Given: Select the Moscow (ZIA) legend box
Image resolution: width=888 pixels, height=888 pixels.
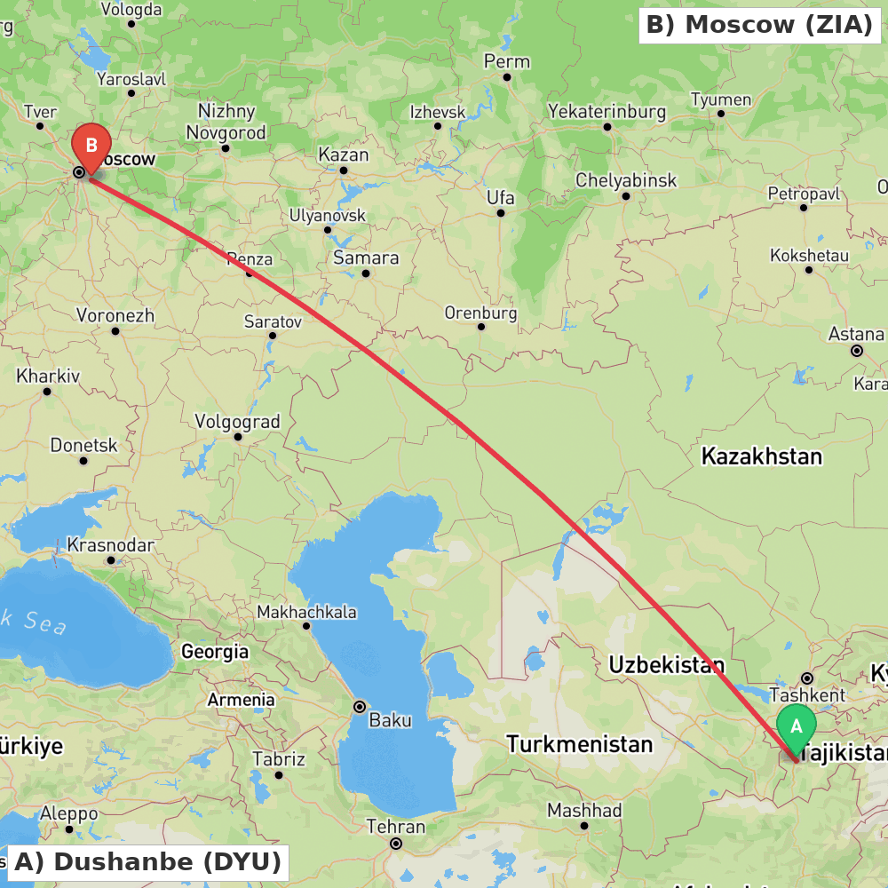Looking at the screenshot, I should pyautogui.click(x=759, y=25).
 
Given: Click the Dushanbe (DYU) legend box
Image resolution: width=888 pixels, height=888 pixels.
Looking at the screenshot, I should pyautogui.click(x=147, y=861).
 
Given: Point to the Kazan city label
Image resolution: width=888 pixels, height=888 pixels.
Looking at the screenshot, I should pyautogui.click(x=343, y=155).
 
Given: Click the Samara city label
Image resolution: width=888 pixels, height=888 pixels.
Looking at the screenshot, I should pyautogui.click(x=366, y=258).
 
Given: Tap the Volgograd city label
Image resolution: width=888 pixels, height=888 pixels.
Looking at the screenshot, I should pyautogui.click(x=237, y=422).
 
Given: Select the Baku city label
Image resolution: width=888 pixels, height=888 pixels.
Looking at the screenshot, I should pyautogui.click(x=390, y=719).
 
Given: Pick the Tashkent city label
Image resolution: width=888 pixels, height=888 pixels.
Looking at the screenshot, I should pyautogui.click(x=807, y=694).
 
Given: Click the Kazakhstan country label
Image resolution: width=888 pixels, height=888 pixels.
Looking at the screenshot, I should pyautogui.click(x=762, y=456).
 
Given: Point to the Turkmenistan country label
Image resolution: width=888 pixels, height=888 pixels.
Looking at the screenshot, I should pyautogui.click(x=580, y=743).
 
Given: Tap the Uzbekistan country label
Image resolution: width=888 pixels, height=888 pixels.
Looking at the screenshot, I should pyautogui.click(x=666, y=664).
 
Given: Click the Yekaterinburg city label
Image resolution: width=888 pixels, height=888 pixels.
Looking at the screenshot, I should pyautogui.click(x=607, y=112).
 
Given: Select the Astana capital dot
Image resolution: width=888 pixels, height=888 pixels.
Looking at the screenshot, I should pyautogui.click(x=857, y=351).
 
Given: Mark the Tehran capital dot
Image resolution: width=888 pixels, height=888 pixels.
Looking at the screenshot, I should pyautogui.click(x=396, y=844).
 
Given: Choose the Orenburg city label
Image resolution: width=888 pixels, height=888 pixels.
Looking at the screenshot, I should pyautogui.click(x=480, y=313).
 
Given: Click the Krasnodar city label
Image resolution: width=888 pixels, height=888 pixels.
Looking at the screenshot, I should pyautogui.click(x=110, y=545).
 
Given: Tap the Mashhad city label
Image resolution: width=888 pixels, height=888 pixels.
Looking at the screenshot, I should pyautogui.click(x=584, y=810).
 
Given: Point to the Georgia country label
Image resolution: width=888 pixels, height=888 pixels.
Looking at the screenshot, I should pyautogui.click(x=215, y=652).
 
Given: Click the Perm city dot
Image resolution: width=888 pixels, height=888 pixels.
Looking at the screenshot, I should pyautogui.click(x=507, y=77).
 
